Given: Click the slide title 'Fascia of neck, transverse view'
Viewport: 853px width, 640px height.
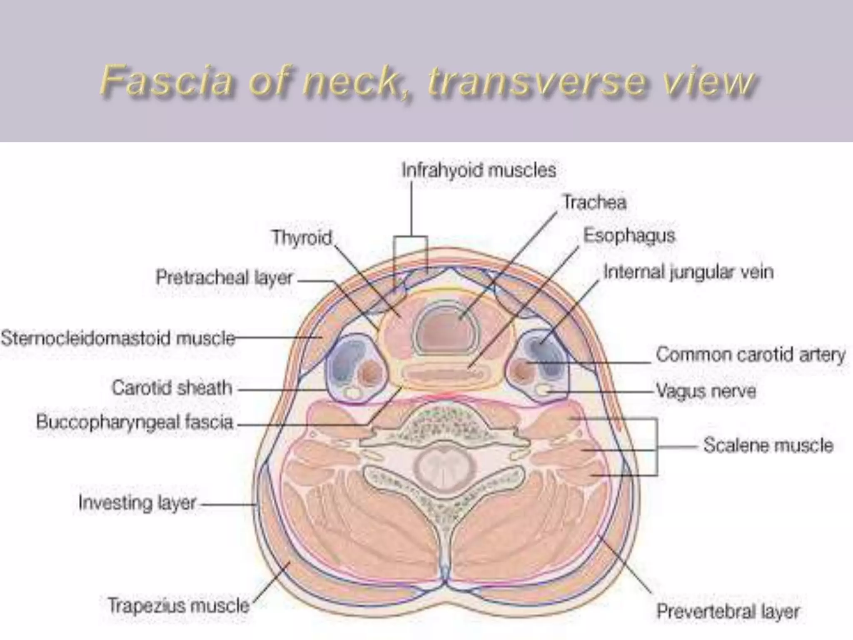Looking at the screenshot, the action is click(428, 81).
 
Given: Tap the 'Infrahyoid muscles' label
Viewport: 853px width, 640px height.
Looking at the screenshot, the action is click(479, 170).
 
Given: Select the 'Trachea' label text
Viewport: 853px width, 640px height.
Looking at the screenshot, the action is click(594, 203).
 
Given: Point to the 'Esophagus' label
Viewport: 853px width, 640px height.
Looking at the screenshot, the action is click(629, 236).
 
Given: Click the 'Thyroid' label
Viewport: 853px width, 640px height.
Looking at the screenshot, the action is click(302, 238).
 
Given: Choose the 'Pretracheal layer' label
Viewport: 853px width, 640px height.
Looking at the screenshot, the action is click(224, 277).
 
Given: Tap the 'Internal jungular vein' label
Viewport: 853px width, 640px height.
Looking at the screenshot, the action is click(688, 272).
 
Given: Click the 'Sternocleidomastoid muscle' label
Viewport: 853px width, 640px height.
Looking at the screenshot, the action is click(118, 338).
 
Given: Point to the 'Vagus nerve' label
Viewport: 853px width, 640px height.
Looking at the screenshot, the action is click(706, 391).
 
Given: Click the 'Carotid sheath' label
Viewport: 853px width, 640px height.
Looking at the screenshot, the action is click(172, 388).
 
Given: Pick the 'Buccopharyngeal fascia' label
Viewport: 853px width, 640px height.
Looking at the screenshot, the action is click(135, 422).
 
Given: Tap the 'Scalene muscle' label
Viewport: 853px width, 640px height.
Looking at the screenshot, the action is click(768, 445).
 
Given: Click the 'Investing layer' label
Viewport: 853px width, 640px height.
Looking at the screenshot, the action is click(137, 503).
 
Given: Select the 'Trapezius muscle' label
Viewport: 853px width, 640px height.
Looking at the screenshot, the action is click(178, 605).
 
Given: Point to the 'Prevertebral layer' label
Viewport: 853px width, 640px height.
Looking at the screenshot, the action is click(728, 612).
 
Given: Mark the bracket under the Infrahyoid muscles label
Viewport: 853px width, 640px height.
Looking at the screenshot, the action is click(411, 237).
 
